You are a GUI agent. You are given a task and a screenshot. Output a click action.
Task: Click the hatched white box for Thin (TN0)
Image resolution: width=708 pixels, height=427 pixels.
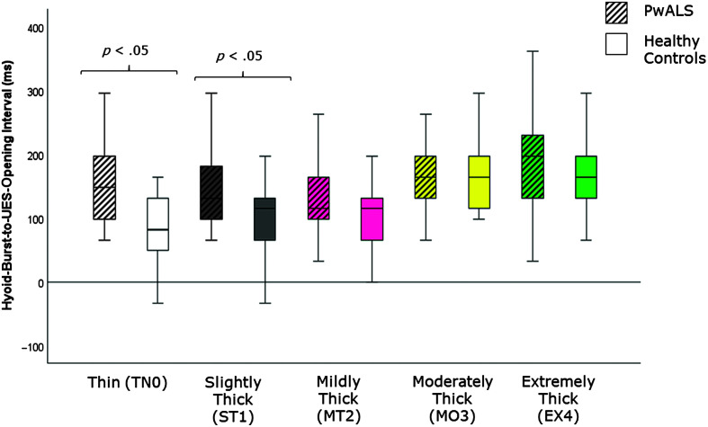click(104, 188)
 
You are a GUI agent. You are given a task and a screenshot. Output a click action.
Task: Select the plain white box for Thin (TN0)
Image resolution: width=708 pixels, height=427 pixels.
click(157, 224)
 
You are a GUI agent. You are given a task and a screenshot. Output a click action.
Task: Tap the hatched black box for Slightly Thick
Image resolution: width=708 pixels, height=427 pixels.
click(211, 192)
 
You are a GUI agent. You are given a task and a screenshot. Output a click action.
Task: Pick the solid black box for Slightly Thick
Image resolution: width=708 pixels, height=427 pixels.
click(264, 219)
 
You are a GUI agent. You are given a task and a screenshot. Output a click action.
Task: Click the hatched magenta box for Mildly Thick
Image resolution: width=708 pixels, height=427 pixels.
click(318, 198)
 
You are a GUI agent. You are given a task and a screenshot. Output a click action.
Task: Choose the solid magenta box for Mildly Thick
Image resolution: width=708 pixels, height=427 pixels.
click(372, 219)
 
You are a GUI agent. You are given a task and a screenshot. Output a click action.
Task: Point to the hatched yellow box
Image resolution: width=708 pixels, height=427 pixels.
click(425, 177)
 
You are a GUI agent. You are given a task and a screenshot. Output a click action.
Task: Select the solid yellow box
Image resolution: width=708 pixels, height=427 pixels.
click(479, 182)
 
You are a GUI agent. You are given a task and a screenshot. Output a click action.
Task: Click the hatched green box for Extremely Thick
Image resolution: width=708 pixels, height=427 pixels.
click(533, 166)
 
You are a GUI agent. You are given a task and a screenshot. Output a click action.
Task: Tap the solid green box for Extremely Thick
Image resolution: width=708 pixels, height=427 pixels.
click(586, 177)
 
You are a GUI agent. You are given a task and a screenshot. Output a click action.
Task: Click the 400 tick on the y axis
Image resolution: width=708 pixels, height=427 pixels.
click(34, 29)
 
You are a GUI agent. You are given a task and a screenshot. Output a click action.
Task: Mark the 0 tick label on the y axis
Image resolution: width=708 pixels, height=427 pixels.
click(40, 283)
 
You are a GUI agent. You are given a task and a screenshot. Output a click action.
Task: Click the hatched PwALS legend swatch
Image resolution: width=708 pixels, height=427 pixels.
click(616, 12)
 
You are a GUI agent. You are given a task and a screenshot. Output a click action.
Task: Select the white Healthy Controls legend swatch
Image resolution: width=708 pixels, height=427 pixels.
click(616, 44)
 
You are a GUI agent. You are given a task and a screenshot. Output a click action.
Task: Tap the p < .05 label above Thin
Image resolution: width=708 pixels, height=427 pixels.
click(126, 50)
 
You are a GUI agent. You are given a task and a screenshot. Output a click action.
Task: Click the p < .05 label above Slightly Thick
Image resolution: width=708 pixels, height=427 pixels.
click(239, 57)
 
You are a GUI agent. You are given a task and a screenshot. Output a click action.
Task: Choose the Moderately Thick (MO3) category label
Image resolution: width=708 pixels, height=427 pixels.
click(453, 399)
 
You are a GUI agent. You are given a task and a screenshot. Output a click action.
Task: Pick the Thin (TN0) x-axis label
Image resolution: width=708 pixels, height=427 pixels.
click(128, 382)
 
